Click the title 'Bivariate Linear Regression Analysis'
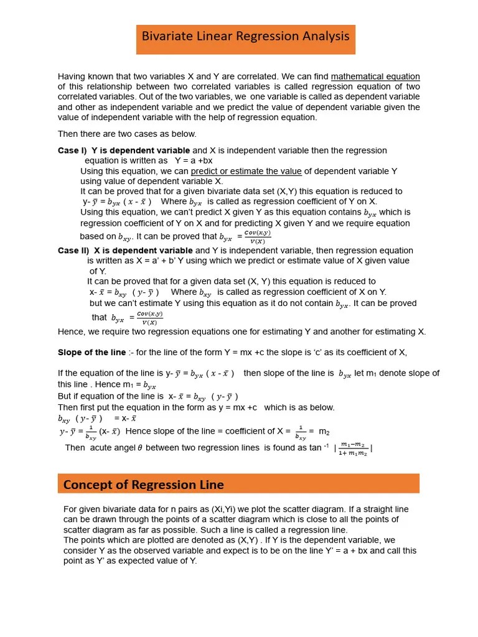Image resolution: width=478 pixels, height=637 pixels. [245, 37]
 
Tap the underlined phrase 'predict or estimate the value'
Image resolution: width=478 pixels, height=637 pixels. [246, 171]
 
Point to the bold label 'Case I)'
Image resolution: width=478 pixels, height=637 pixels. [72, 151]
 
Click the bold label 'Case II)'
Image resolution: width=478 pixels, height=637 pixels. [73, 251]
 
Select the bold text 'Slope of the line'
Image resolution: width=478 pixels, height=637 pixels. [91, 352]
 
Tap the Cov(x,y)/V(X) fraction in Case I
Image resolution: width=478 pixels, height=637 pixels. [257, 237]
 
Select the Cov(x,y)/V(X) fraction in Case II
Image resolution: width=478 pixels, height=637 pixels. [149, 318]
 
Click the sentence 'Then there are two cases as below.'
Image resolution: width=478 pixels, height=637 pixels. [127, 134]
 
